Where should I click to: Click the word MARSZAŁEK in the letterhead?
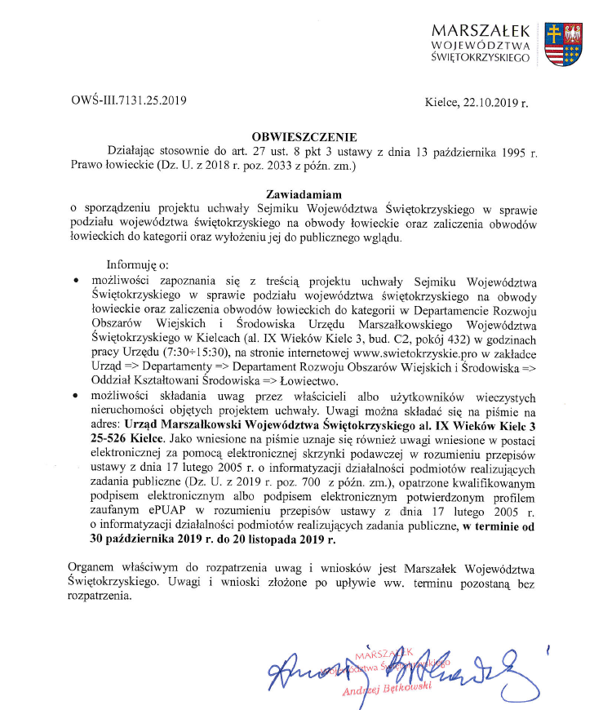[x=482, y=29]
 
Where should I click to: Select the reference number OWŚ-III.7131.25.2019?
[x=130, y=101]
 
